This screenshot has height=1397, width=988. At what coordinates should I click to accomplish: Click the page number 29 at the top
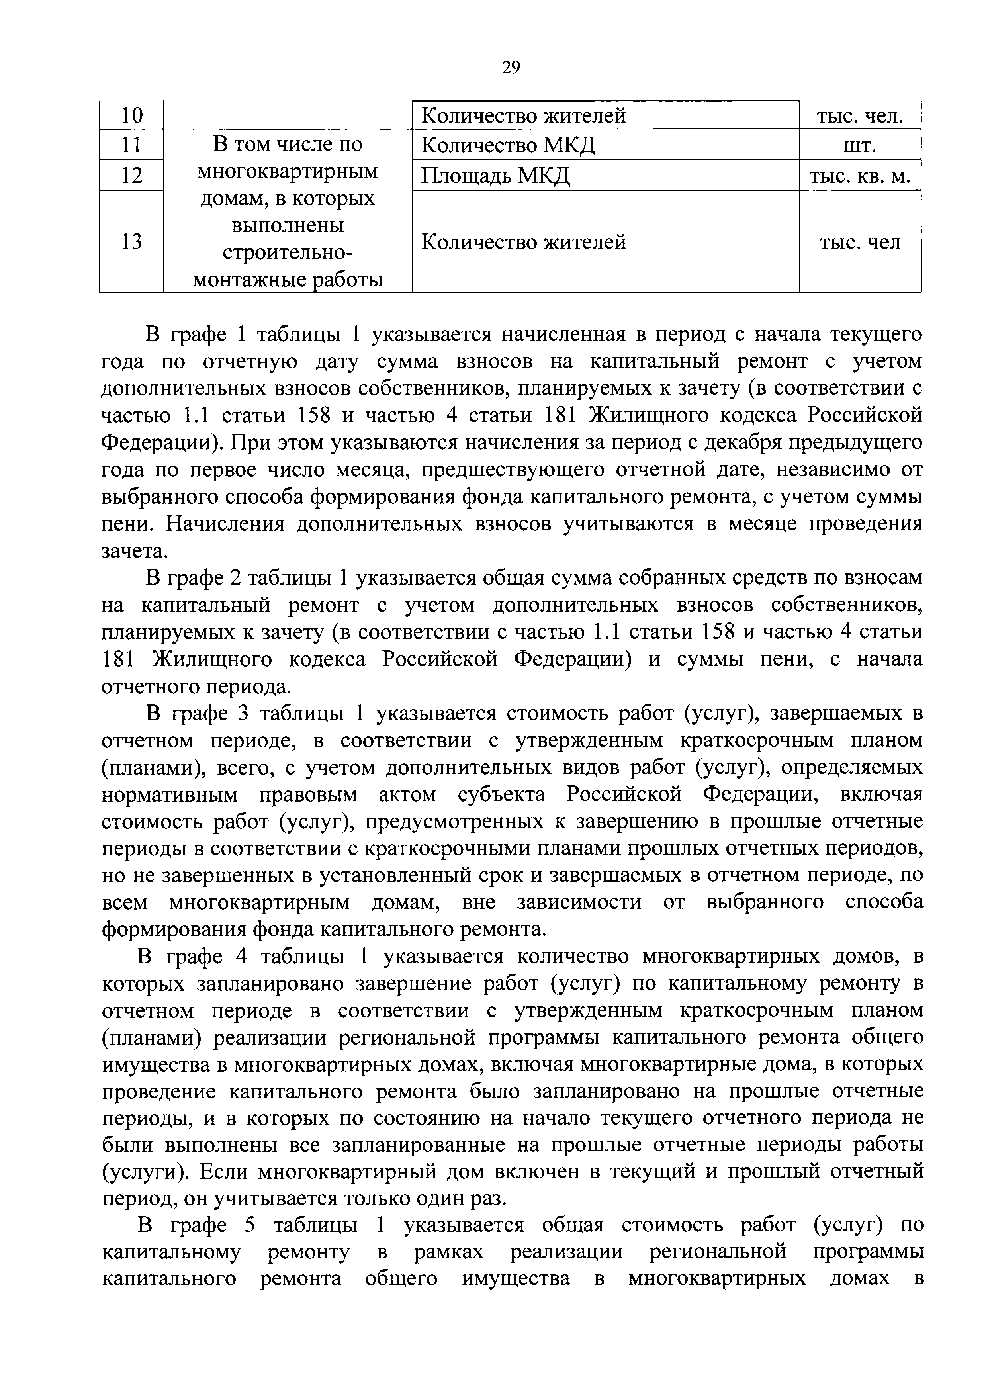[x=511, y=67]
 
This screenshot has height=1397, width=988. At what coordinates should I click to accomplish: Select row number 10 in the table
[x=131, y=115]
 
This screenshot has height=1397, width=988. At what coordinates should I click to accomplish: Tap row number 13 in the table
[x=131, y=242]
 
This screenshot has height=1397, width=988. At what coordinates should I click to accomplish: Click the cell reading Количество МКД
[x=509, y=145]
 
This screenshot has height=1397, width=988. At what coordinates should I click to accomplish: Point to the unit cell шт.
[x=860, y=145]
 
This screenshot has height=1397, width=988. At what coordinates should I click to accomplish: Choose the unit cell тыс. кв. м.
[x=860, y=176]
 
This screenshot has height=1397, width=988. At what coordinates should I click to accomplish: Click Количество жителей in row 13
[x=524, y=242]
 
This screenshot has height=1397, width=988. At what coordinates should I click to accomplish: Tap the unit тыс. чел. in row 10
[x=860, y=115]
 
